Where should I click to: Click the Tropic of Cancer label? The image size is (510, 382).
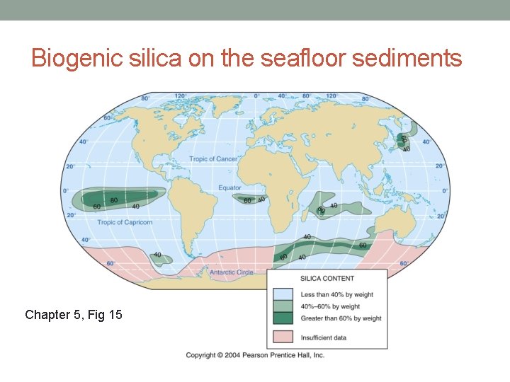pyautogui.click(x=213, y=159)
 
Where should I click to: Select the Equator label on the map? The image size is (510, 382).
pyautogui.click(x=229, y=188)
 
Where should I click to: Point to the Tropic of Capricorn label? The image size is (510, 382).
pyautogui.click(x=125, y=223)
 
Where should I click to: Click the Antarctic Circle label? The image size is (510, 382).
pyautogui.click(x=231, y=272)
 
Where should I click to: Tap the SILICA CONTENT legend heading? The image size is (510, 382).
pyautogui.click(x=327, y=279)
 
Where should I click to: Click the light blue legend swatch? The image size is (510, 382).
pyautogui.click(x=283, y=294)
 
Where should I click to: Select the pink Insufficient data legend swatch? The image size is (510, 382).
pyautogui.click(x=283, y=337)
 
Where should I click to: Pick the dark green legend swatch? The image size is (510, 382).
pyautogui.click(x=283, y=318)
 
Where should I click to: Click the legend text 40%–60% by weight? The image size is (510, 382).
pyautogui.click(x=330, y=306)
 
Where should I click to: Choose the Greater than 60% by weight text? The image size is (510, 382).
pyautogui.click(x=341, y=318)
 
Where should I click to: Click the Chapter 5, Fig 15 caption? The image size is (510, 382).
pyautogui.click(x=73, y=314)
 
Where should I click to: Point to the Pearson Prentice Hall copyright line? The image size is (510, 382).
pyautogui.click(x=255, y=355)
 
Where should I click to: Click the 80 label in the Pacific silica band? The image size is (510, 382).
pyautogui.click(x=114, y=200)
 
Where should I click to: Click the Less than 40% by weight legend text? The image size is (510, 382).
pyautogui.click(x=336, y=294)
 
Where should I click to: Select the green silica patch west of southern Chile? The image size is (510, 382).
pyautogui.click(x=159, y=257)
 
